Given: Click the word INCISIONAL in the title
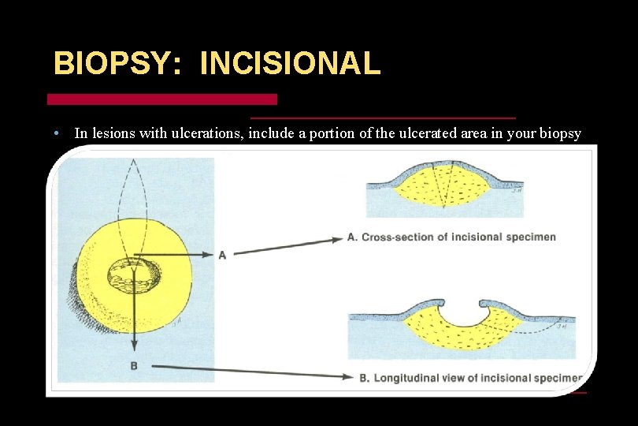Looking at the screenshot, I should [x=290, y=64].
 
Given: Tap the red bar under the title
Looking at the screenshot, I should [x=162, y=99].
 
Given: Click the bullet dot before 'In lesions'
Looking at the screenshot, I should [x=57, y=133].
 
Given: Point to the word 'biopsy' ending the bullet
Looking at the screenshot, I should [x=561, y=134].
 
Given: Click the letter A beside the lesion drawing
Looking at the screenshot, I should [x=222, y=255].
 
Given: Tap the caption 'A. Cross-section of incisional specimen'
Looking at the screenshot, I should [x=451, y=237].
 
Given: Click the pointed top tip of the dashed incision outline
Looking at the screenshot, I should [x=135, y=159].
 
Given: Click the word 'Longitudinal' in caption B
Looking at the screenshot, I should [x=410, y=378].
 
